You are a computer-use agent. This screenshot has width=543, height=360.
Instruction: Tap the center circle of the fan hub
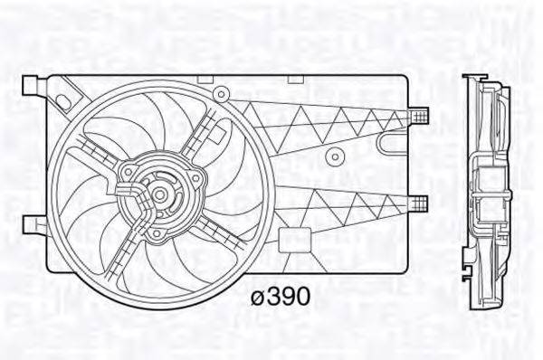pos(159,193)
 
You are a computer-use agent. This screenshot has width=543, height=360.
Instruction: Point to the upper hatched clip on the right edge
pos(417,114)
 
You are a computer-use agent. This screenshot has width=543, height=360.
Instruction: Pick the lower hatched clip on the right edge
pos(417,200)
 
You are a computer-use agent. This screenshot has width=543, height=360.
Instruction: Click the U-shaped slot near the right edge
pos(391,143)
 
